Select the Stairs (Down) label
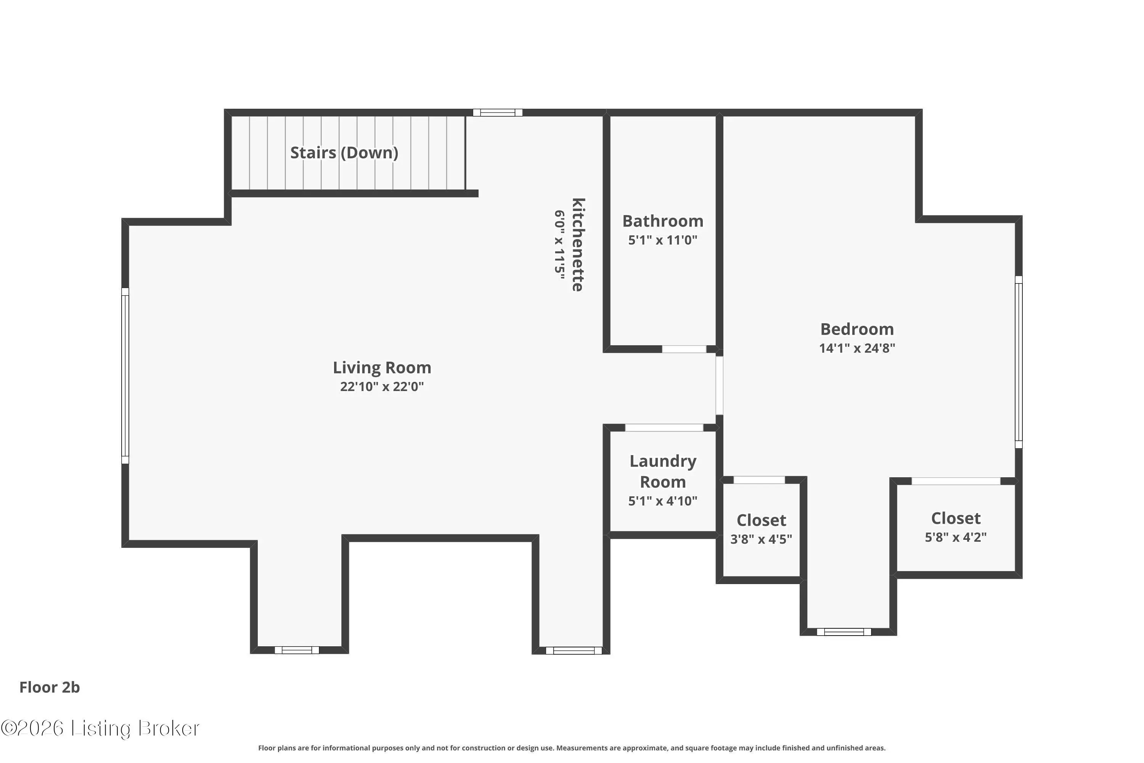(344, 153)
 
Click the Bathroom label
(663, 221)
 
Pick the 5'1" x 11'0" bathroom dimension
(663, 240)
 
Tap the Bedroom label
(857, 330)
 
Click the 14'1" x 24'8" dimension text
(857, 348)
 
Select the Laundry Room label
(663, 472)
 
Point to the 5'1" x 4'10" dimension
(663, 501)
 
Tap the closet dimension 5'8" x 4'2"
(956, 537)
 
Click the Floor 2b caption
(50, 687)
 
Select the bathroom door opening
(684, 349)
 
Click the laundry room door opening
(664, 428)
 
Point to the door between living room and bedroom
(719, 385)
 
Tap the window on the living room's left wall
(125, 376)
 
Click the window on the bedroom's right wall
(1019, 362)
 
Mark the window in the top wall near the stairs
(498, 113)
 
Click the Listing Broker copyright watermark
(100, 728)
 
